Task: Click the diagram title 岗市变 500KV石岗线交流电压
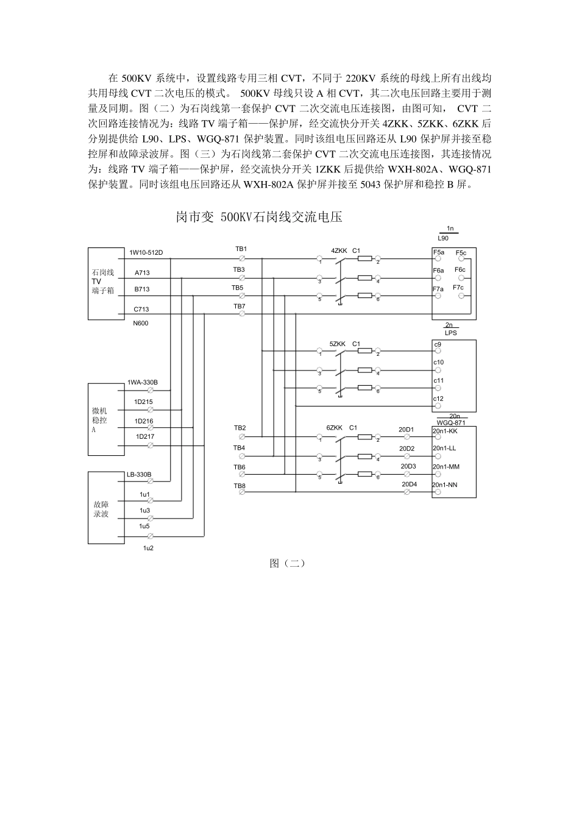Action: pyautogui.click(x=259, y=218)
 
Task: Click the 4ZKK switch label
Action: pyautogui.click(x=339, y=250)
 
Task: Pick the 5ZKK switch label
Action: pyautogui.click(x=337, y=344)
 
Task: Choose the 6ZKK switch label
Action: pyautogui.click(x=334, y=428)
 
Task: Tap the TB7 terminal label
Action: pyautogui.click(x=240, y=306)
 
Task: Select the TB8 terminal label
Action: pyautogui.click(x=239, y=486)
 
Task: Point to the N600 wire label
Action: pyautogui.click(x=141, y=323)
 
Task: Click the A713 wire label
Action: pyautogui.click(x=142, y=274)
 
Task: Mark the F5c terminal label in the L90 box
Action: pyautogui.click(x=461, y=253)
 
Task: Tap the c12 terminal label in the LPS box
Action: pyautogui.click(x=439, y=399)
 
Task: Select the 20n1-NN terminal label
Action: pyautogui.click(x=445, y=485)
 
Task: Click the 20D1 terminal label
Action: pyautogui.click(x=407, y=430)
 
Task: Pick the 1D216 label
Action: pyautogui.click(x=144, y=421)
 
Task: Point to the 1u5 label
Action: pyautogui.click(x=144, y=526)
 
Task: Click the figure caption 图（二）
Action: pyautogui.click(x=287, y=564)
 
